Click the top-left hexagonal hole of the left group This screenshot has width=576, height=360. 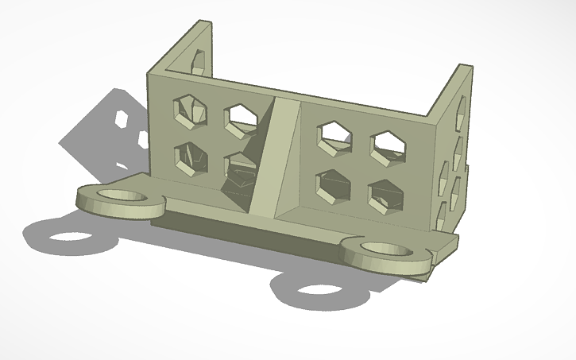(188, 109)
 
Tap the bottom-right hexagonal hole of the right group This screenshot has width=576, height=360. (385, 195)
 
